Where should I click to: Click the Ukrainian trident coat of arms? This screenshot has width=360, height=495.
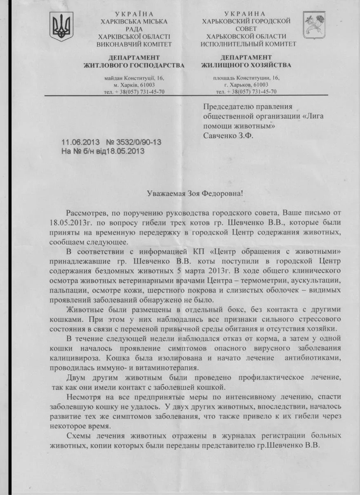tap(61, 26)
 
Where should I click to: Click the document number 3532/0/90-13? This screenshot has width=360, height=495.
tap(134, 142)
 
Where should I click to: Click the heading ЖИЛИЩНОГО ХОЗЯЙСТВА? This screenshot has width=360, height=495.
tap(246, 65)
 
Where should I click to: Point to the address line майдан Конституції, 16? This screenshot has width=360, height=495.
tap(134, 78)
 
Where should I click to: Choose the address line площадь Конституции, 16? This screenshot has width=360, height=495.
tap(246, 78)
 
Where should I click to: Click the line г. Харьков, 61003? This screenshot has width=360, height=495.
tap(246, 85)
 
